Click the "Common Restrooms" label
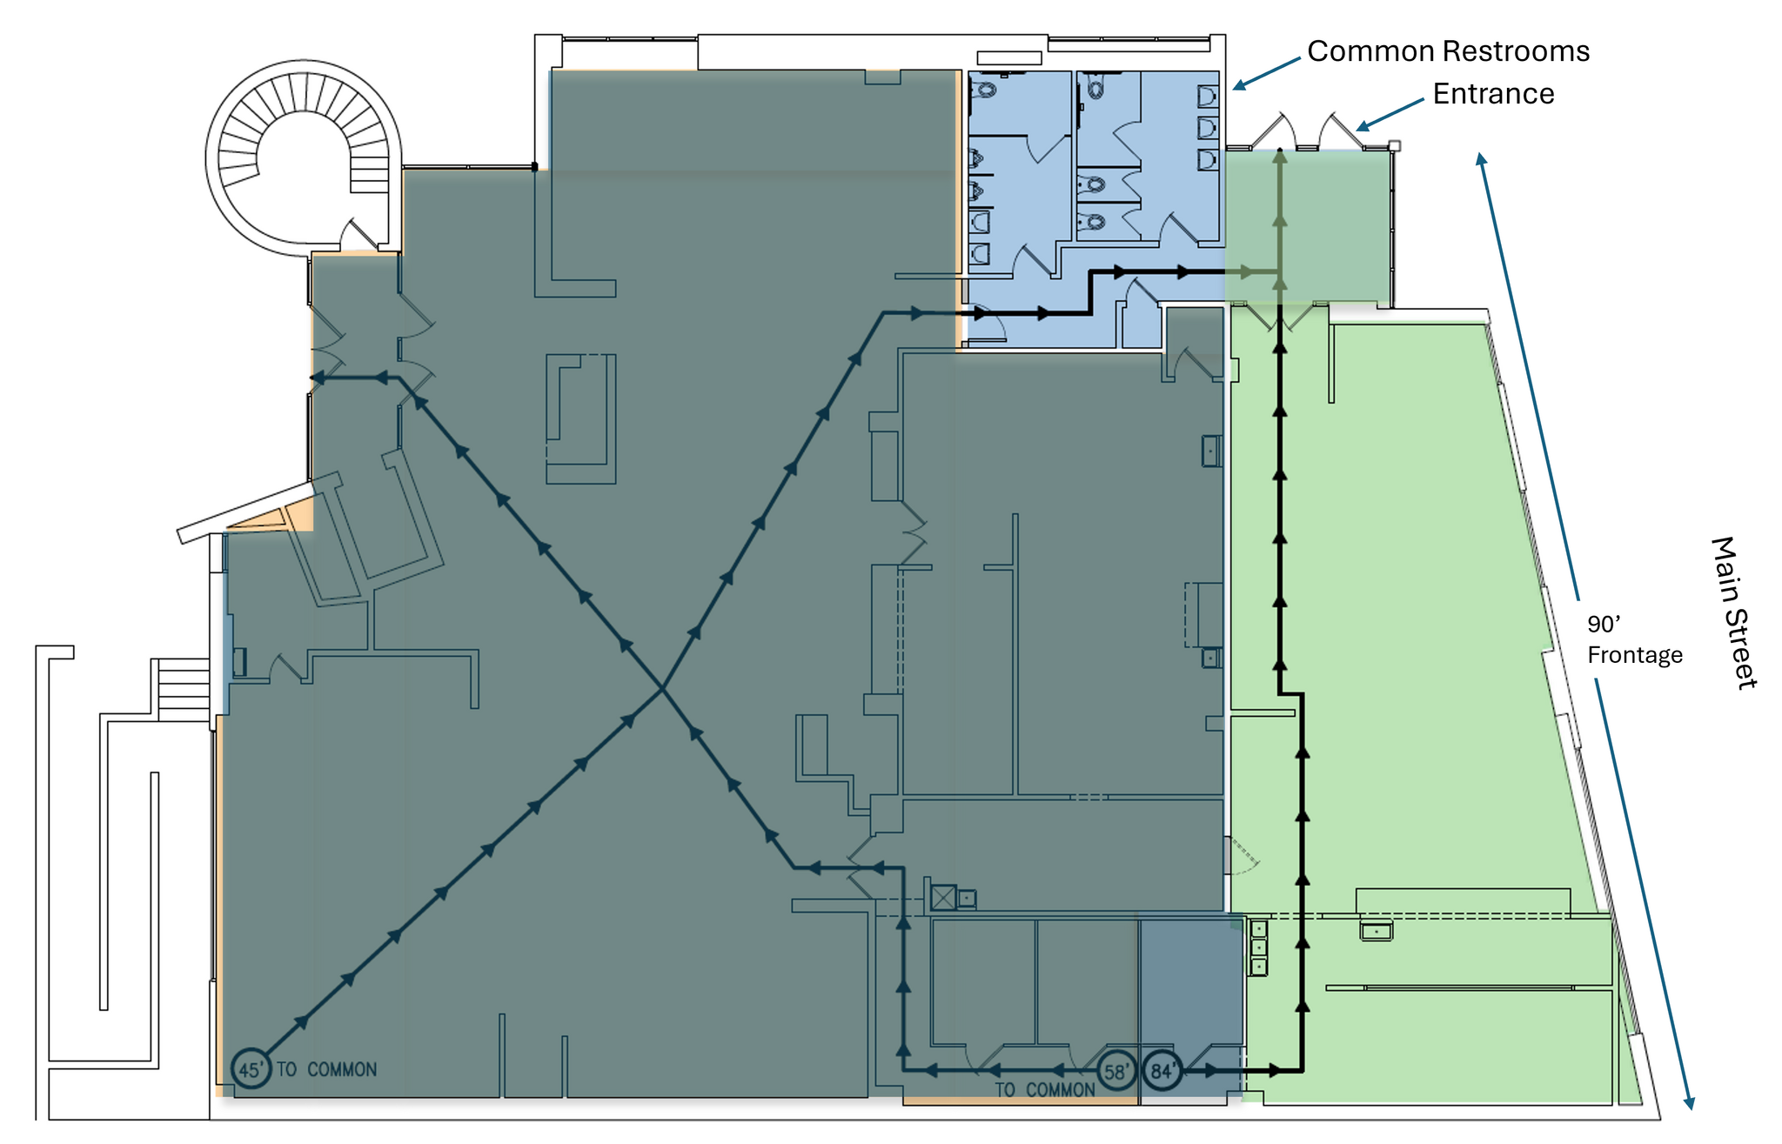click(1448, 51)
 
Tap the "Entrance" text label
click(1493, 94)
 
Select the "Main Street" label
click(1734, 613)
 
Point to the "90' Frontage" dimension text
click(1635, 639)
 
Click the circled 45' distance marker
click(251, 1069)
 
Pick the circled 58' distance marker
click(1116, 1071)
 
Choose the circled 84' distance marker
click(1162, 1071)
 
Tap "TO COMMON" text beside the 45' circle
click(327, 1069)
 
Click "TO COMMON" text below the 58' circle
click(1045, 1090)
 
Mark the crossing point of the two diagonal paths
click(663, 688)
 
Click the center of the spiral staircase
click(304, 157)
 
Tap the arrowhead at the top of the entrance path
click(1279, 156)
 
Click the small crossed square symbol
click(943, 897)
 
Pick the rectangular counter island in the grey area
click(581, 418)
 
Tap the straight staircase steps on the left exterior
click(184, 690)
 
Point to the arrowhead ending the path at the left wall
click(318, 378)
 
